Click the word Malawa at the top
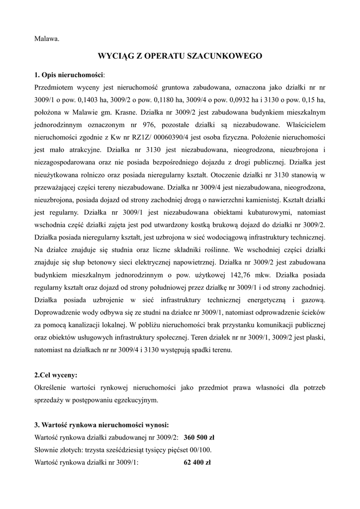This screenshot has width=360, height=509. point(47,38)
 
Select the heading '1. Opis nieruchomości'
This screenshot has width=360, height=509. point(69,75)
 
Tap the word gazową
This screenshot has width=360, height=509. point(313,300)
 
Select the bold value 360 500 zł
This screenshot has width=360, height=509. point(199,438)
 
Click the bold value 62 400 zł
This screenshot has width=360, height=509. point(197,462)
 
